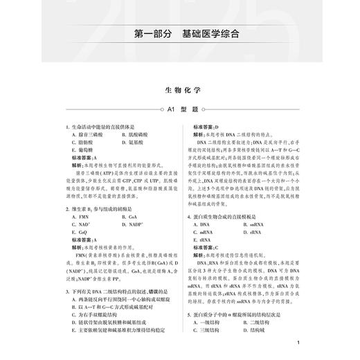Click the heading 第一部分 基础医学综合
pos(179,33)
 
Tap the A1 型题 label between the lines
pos(179,109)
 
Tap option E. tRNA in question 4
pos(206,242)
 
